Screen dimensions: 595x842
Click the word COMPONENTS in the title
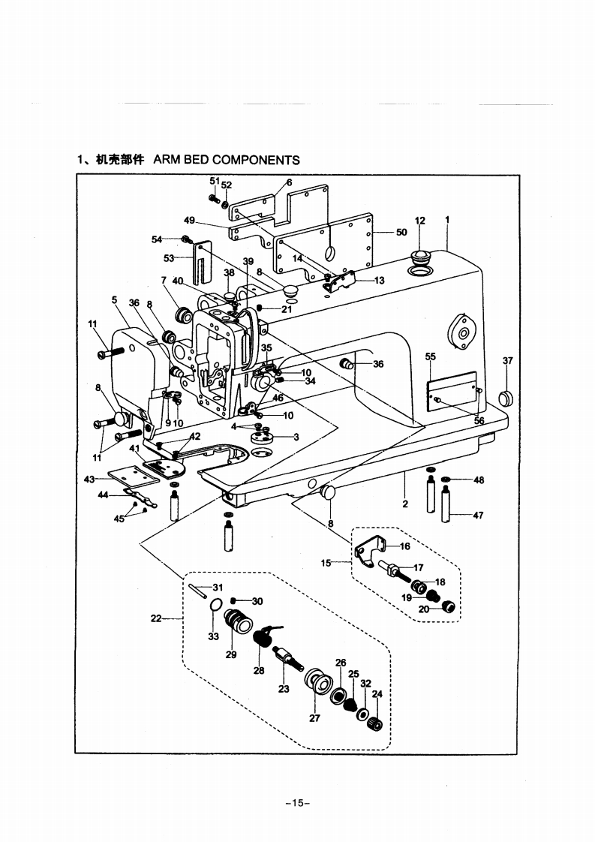coord(256,160)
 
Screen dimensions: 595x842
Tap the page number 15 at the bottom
coord(297,803)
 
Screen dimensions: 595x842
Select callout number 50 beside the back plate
coord(401,233)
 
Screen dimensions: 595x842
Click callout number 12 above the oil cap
coord(420,221)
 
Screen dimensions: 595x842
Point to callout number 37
coord(507,360)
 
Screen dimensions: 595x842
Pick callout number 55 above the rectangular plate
coord(431,356)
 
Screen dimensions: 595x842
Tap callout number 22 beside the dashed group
coord(156,618)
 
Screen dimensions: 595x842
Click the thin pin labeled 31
coord(198,591)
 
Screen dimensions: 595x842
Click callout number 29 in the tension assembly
coord(231,655)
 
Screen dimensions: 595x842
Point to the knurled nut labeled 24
coord(375,723)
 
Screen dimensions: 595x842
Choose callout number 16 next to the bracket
coord(405,546)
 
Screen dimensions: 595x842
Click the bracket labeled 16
coord(371,551)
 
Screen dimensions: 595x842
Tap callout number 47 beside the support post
coord(478,516)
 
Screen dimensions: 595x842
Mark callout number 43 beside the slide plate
coord(89,479)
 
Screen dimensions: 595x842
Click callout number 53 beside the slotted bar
coord(169,258)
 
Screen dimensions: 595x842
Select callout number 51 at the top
coord(215,181)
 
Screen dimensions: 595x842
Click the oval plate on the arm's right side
coord(463,333)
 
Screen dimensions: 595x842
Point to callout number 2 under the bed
coord(405,504)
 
